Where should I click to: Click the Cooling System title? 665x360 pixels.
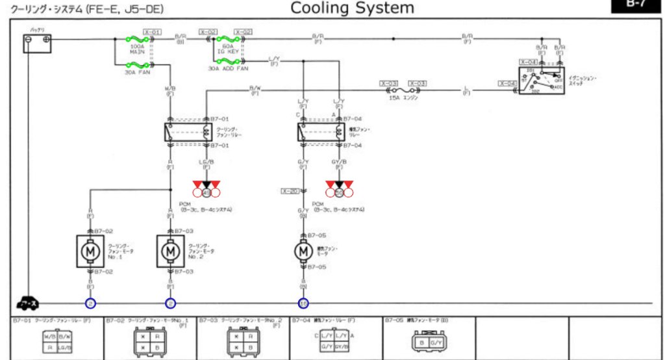click(351, 8)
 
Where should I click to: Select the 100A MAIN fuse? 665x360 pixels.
click(137, 40)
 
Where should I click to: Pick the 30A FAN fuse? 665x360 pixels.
click(137, 64)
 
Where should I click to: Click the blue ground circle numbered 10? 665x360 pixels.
click(303, 303)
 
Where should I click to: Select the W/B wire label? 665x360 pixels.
click(170, 88)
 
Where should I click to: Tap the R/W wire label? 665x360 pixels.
click(255, 88)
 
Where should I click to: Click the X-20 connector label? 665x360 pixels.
click(290, 191)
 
